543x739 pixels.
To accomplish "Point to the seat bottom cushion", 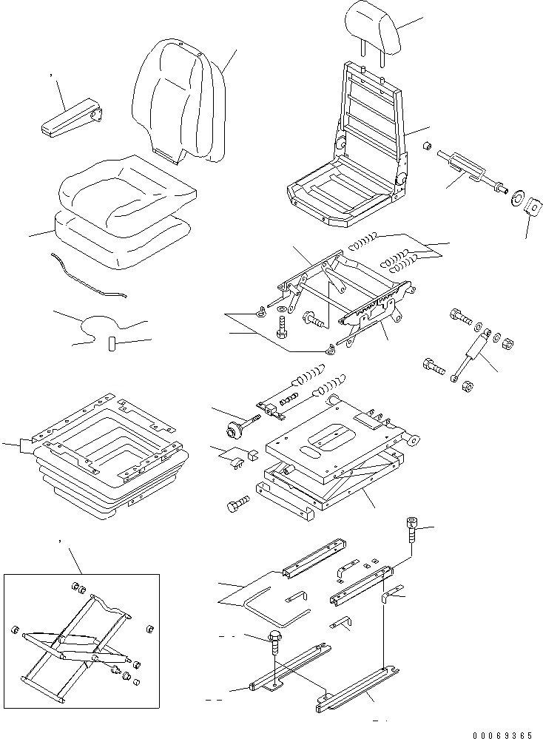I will tap(126, 196).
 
